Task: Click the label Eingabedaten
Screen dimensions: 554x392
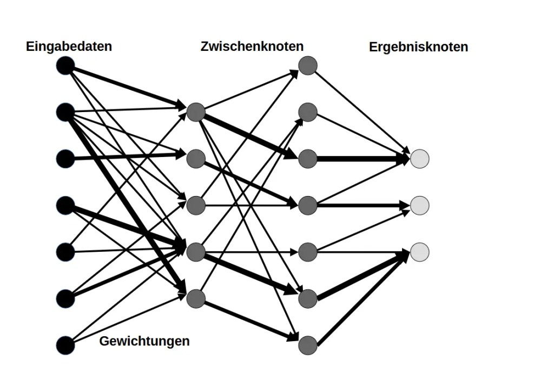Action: [x=69, y=47]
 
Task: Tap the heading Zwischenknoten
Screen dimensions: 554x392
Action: [x=252, y=47]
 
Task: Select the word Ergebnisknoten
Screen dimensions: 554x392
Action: [x=418, y=47]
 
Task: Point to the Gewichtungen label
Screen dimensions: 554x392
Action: [x=144, y=341]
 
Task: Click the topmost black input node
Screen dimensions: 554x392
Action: [x=65, y=66]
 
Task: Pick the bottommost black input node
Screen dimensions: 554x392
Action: [x=65, y=345]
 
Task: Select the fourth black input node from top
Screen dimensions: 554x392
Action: [x=65, y=206]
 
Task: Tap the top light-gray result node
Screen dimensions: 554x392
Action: [x=420, y=159]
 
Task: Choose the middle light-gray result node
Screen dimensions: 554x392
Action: [x=420, y=205]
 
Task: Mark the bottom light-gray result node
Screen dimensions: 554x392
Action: [x=420, y=252]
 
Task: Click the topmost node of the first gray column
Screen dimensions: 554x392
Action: [x=196, y=113]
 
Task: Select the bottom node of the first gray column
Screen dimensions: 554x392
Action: [x=196, y=299]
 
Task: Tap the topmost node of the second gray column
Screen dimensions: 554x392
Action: [x=308, y=66]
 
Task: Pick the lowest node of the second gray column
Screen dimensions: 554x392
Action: [x=308, y=345]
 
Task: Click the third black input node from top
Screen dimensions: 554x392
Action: [x=65, y=159]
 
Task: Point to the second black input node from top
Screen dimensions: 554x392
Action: [x=65, y=113]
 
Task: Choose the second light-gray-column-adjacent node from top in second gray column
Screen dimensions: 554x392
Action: [x=308, y=113]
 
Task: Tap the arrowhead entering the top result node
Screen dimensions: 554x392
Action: [x=404, y=158]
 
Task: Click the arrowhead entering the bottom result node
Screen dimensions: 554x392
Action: [x=404, y=254]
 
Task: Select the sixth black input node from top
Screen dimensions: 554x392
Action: [x=65, y=299]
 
